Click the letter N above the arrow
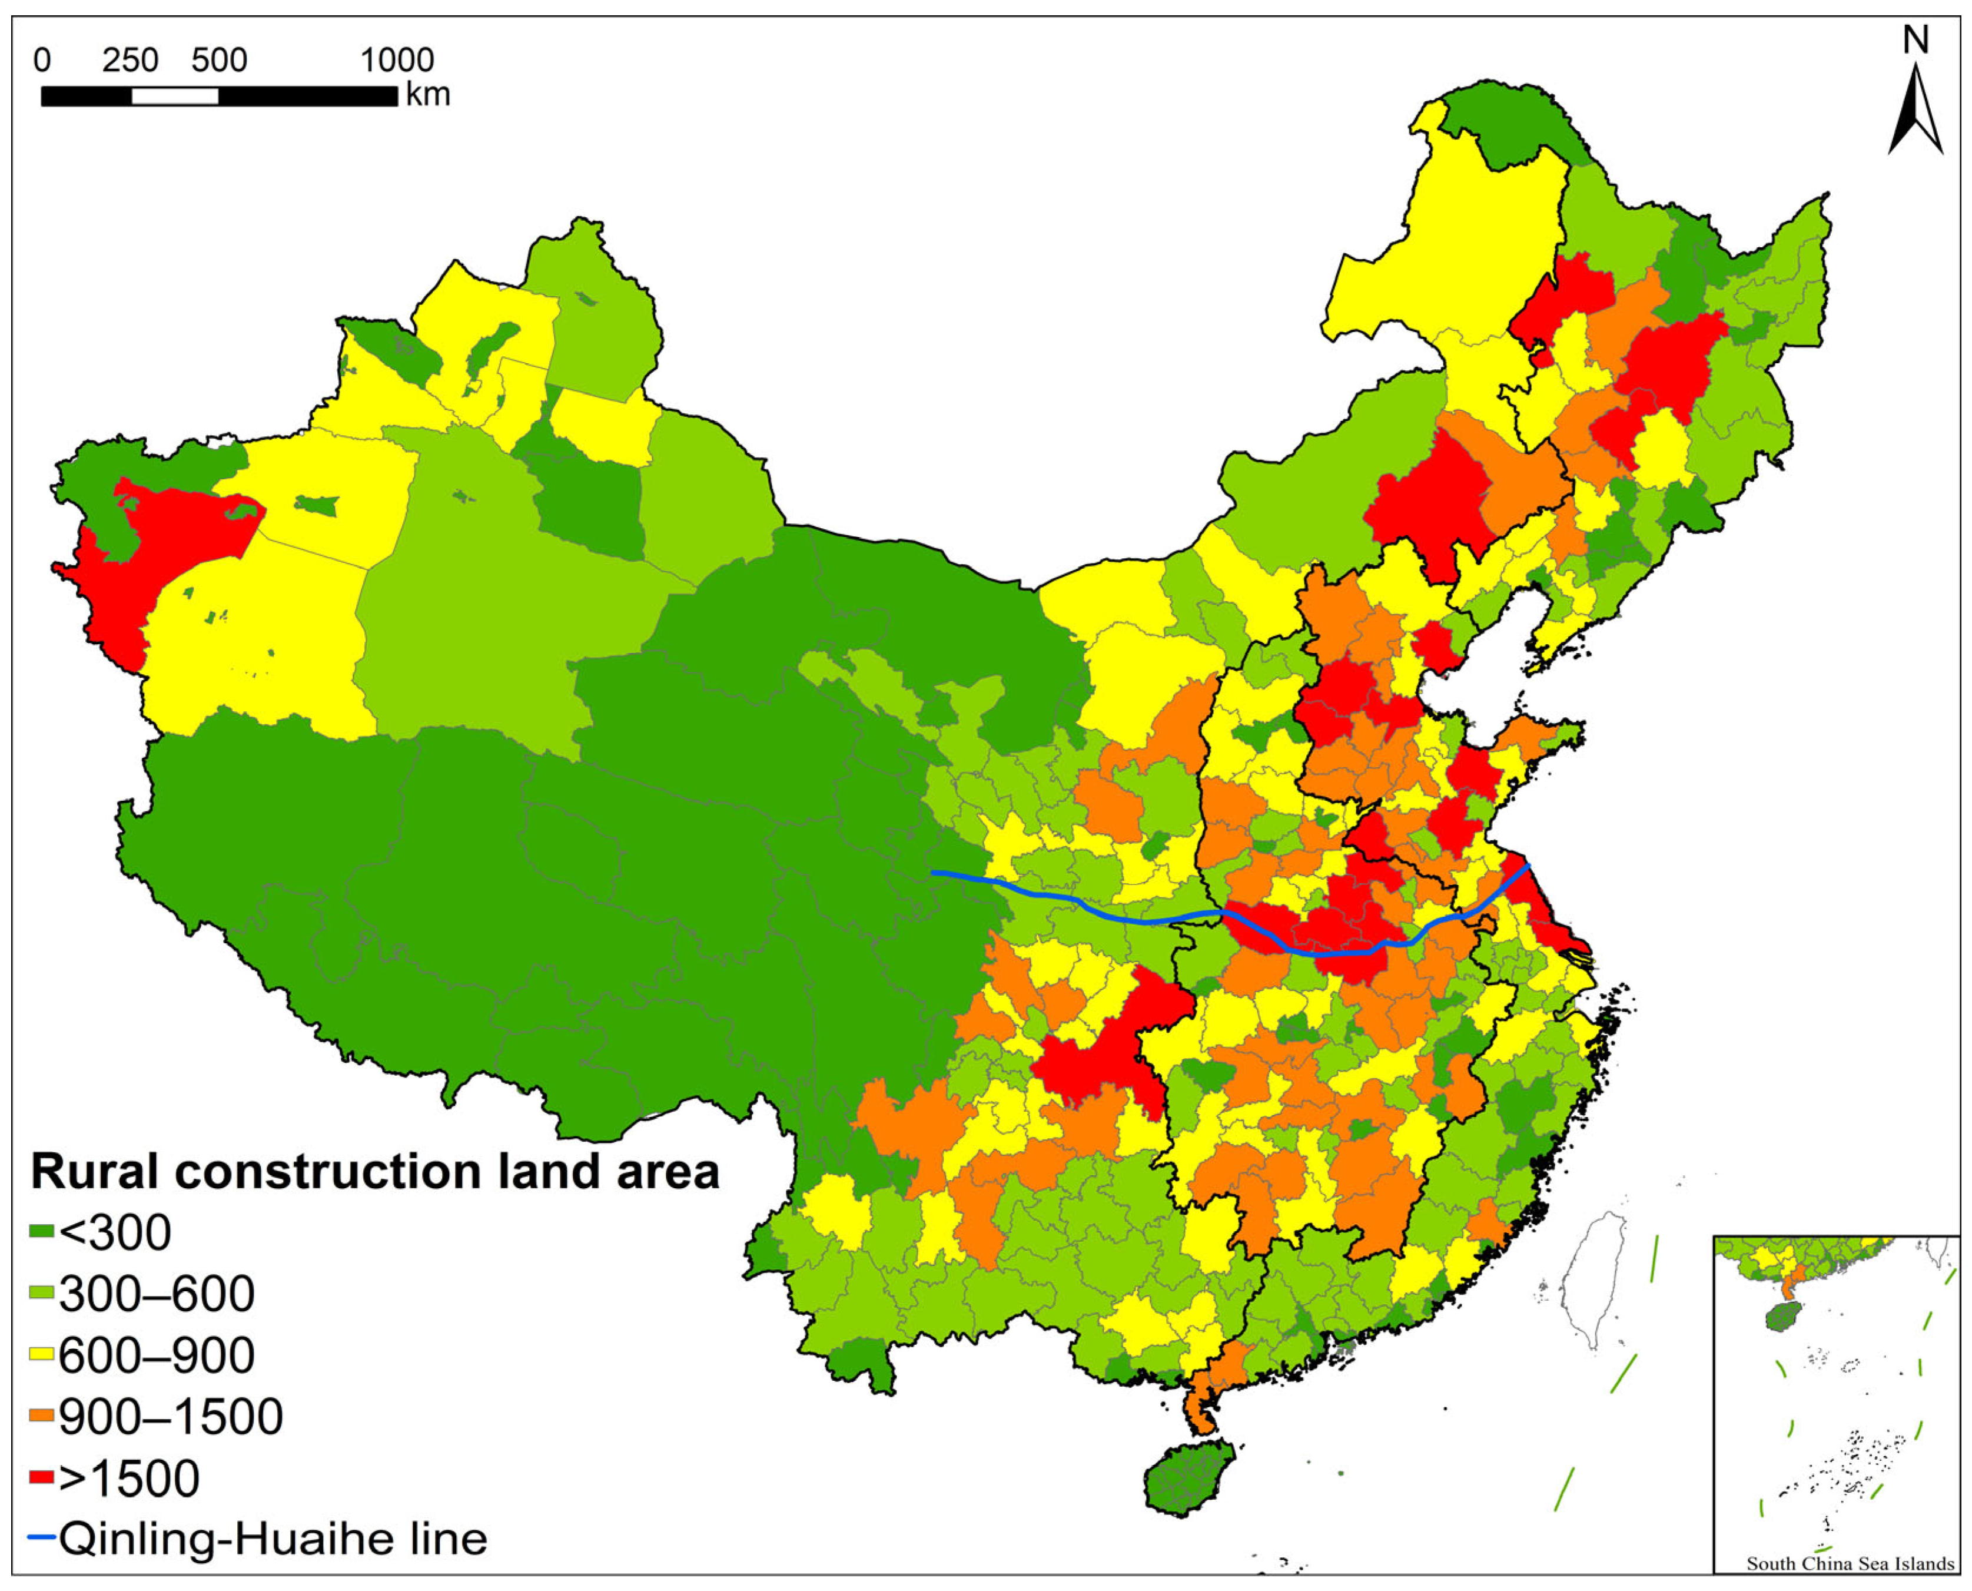coord(1915,39)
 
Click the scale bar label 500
coord(219,61)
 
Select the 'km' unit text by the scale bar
coord(428,94)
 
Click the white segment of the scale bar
coord(174,96)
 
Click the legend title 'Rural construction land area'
coord(375,1171)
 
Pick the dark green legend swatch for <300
coord(41,1231)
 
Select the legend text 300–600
coord(156,1293)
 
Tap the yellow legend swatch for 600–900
coord(41,1354)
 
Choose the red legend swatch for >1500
coord(41,1477)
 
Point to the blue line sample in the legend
coord(41,1537)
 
